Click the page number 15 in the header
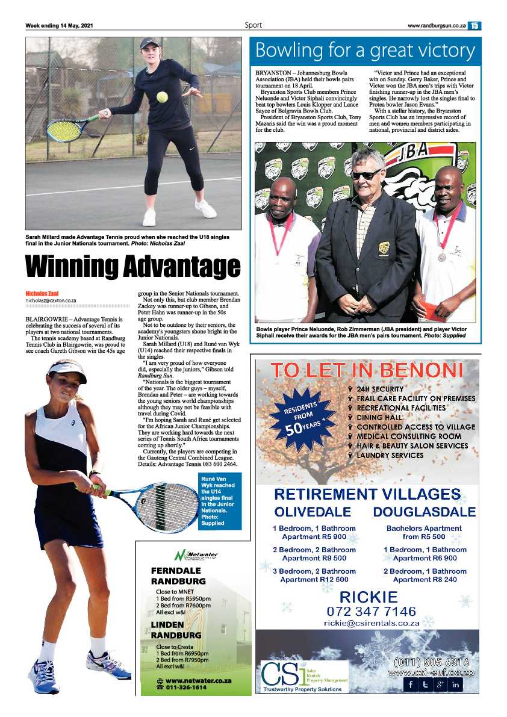coord(474,25)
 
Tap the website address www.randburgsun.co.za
coord(436,25)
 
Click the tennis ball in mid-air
coord(162,97)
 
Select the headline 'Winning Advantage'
coord(132,267)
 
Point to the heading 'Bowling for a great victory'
coord(365,51)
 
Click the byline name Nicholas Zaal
coord(42,293)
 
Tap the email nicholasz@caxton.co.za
coord(51,300)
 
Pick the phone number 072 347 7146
coord(368,612)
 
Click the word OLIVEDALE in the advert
coord(313,512)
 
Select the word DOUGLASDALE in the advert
coord(424,512)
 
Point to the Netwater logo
coord(196,554)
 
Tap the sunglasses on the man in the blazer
coord(366,175)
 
